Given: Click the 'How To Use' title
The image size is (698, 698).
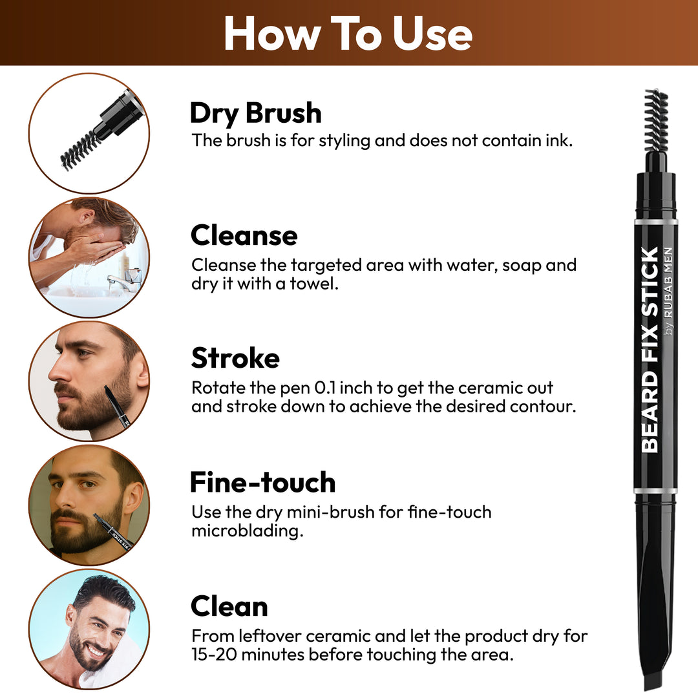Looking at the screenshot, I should tap(348, 34).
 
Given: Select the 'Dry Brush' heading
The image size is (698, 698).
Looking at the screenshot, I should tap(255, 113).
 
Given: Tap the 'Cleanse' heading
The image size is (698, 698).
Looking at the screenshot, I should tap(244, 236).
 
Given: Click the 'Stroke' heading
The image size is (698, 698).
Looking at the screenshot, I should tap(235, 358).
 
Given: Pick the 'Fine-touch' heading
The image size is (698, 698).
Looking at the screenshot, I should tap(262, 482).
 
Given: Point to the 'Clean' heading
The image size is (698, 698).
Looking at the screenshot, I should tap(229, 606).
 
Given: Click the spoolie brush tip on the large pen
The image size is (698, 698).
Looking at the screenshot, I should tap(655, 120).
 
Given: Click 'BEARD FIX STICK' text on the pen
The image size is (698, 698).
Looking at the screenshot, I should tap(650, 349).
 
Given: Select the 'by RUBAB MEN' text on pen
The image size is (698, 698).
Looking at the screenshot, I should tap(669, 291).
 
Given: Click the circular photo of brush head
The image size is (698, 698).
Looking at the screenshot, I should tap(89, 132).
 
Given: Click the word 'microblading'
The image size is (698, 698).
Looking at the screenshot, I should tap(247, 532).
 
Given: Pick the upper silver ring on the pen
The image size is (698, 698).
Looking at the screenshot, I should tap(655, 222).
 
